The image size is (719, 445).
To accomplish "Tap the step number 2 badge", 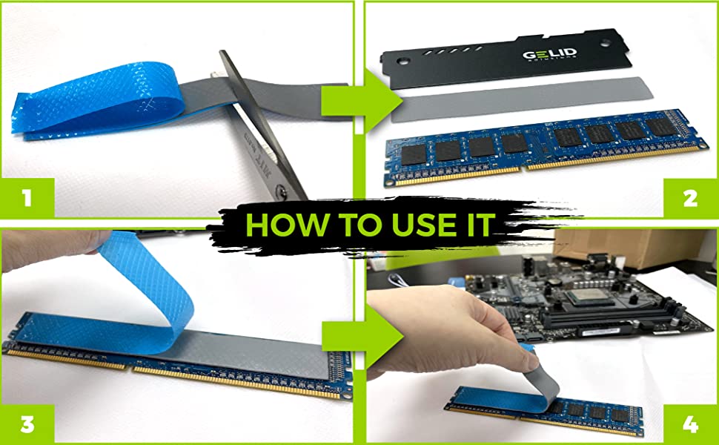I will pos(691,199).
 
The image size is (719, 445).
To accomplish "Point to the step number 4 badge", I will pos(691,423).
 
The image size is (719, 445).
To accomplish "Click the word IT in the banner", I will pos(474,224).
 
